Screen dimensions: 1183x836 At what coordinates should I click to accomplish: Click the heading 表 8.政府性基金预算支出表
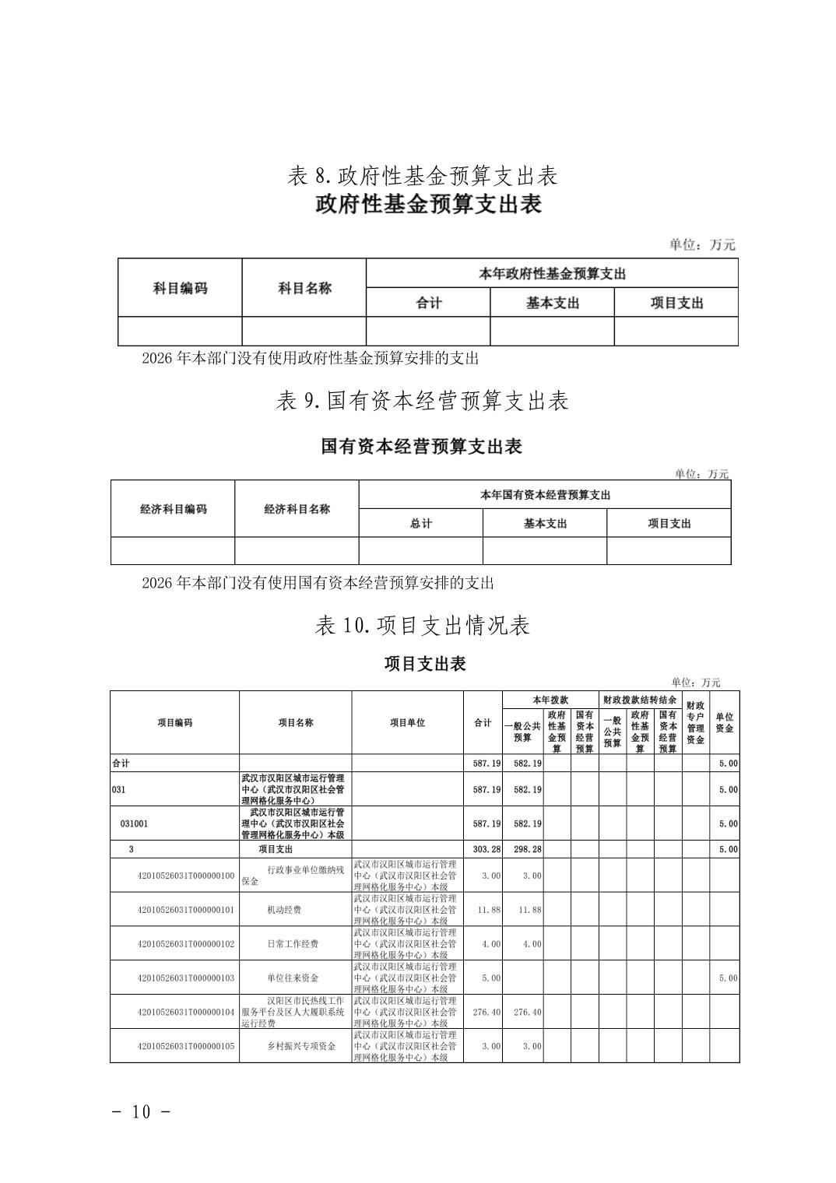[423, 176]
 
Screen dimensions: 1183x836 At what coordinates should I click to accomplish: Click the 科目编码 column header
[180, 288]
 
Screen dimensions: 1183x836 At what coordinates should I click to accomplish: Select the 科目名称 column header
[304, 288]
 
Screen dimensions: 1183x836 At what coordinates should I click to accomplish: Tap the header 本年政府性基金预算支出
[552, 273]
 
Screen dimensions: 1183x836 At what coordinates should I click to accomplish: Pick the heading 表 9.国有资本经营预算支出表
[423, 401]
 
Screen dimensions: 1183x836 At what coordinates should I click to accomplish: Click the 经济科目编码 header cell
[173, 509]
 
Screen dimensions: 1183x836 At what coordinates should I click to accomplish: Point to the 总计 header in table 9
[420, 524]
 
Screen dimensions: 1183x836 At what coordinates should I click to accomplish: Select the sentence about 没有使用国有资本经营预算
[318, 582]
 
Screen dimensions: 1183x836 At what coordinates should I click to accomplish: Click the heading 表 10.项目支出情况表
[423, 626]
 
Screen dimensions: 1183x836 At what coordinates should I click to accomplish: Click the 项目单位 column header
[407, 722]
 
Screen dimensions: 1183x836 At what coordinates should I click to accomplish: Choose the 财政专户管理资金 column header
[695, 722]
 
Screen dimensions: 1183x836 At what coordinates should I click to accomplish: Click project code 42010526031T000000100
[185, 876]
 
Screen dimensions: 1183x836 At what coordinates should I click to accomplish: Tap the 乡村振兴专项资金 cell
[301, 1046]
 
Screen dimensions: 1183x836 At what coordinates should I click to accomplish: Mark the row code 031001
[134, 823]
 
